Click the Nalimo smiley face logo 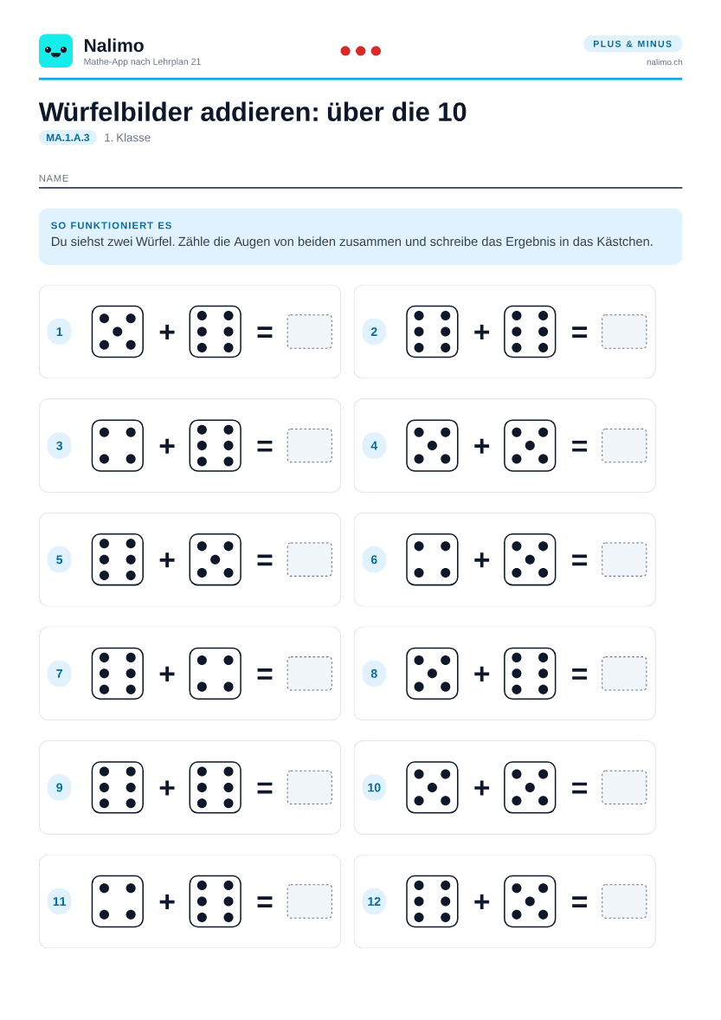coord(55,51)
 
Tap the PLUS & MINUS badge coord(633,43)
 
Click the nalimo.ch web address coord(664,61)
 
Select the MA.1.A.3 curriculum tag coord(68,138)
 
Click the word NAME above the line coord(54,178)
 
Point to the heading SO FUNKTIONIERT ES coord(111,225)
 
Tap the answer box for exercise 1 coord(310,332)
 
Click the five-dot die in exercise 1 coord(118,332)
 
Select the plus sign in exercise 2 coord(482,332)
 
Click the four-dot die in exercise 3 coord(118,446)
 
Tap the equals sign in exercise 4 coord(579,446)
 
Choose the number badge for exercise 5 coord(59,559)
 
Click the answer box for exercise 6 coord(624,559)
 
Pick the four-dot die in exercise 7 coord(216,674)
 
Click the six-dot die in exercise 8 coord(530,674)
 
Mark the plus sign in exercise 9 coord(167,788)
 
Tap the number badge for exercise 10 coord(374,788)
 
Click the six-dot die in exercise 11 coord(216,901)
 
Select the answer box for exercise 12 coord(624,901)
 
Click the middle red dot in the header coord(361,51)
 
